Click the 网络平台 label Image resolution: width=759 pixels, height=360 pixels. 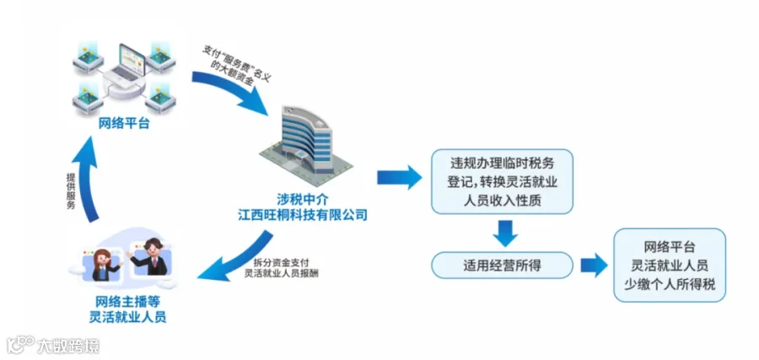point(124,125)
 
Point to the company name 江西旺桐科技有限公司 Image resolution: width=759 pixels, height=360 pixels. point(303,216)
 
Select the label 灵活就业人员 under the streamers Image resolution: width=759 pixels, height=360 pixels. point(127,318)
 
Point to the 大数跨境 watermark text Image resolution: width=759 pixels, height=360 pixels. point(67,345)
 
